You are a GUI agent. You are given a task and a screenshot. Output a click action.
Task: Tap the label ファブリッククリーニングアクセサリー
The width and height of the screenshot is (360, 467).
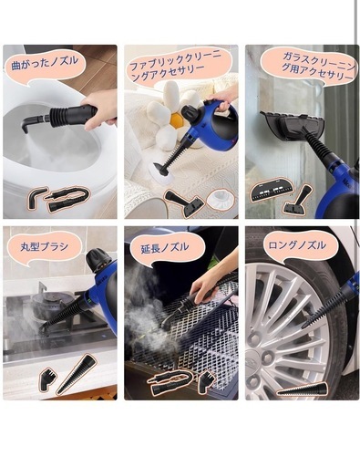[x=176, y=67]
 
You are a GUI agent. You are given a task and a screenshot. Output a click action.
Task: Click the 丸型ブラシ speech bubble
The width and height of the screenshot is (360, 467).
[x=45, y=247]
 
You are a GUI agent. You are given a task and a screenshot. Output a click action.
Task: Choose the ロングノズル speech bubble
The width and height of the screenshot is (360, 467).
[x=297, y=245]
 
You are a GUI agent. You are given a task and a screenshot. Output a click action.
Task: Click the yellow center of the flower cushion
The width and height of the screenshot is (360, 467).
[x=176, y=119]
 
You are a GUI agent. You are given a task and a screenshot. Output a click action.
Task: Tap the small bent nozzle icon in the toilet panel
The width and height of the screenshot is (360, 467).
[x=36, y=198]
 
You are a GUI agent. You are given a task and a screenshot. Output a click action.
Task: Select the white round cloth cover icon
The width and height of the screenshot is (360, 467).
[x=220, y=199]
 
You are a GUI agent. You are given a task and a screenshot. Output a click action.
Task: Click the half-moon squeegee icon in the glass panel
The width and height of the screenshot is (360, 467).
[x=272, y=189]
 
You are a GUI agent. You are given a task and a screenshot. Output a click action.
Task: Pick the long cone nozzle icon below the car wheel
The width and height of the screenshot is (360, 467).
[x=303, y=389]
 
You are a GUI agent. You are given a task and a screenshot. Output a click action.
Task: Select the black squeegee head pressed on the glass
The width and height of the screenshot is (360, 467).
[x=293, y=127]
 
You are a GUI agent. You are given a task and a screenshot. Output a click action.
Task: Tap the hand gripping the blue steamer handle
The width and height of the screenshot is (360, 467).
[x=221, y=100]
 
